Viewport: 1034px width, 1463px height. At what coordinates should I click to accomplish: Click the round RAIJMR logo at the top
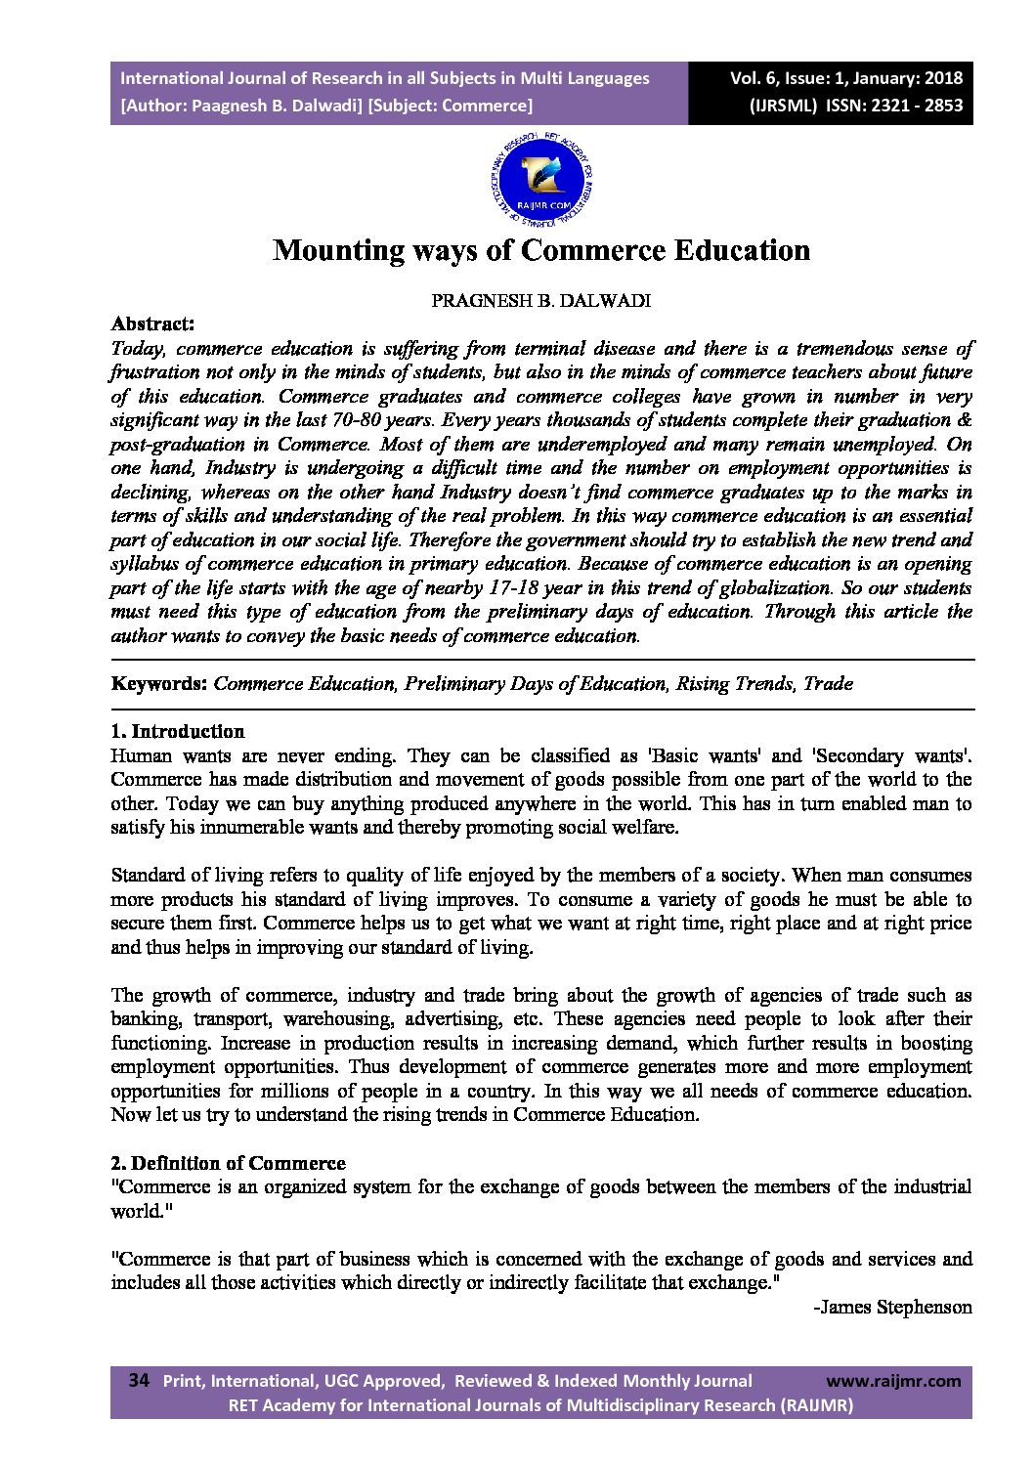(541, 177)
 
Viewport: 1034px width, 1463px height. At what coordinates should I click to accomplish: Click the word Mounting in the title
(325, 250)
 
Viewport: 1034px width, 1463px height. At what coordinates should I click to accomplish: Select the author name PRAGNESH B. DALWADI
(540, 301)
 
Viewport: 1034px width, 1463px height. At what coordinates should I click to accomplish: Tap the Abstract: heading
(152, 323)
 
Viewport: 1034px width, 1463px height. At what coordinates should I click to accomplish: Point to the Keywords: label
(158, 683)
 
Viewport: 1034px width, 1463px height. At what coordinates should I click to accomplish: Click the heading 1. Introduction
(177, 731)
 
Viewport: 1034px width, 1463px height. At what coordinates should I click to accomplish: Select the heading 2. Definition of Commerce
(228, 1163)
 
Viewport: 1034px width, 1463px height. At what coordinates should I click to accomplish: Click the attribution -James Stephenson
(892, 1307)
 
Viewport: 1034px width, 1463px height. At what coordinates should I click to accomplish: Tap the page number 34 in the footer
(139, 1381)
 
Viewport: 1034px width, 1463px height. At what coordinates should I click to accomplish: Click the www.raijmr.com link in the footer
(893, 1381)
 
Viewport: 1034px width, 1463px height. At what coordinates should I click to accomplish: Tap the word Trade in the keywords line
(828, 683)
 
